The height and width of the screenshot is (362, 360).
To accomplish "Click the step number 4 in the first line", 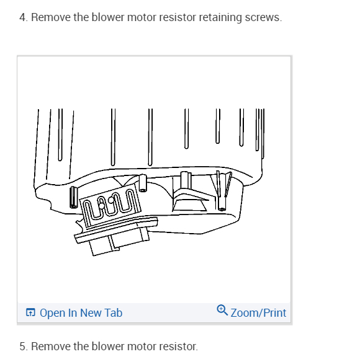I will tap(22, 17).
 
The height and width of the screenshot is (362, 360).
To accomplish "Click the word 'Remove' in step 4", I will tap(48, 17).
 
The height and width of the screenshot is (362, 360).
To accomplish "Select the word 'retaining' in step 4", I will tap(220, 17).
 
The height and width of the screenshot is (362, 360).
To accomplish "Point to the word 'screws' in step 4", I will tap(264, 17).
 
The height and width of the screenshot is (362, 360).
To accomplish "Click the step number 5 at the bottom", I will tap(22, 346).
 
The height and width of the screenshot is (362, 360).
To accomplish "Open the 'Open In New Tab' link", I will tap(81, 313).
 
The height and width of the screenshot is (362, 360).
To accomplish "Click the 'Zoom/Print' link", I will tap(258, 313).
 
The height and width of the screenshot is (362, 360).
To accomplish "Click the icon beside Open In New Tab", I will tap(30, 313).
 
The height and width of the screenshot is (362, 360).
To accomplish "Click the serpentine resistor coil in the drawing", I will tap(112, 204).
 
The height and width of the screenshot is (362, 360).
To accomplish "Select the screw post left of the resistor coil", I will tap(72, 197).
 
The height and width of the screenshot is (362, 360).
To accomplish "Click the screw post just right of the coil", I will tap(143, 185).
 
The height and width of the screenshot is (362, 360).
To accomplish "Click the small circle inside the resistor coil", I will tap(112, 200).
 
